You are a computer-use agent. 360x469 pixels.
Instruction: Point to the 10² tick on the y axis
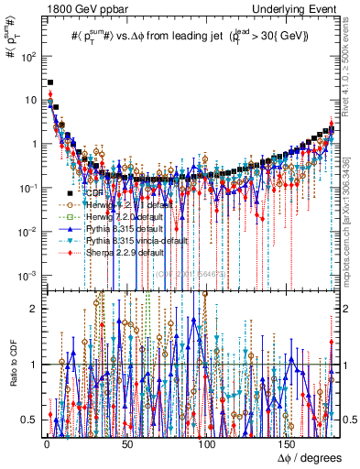pos(27,55)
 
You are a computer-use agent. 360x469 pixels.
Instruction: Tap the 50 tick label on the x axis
pos(126,443)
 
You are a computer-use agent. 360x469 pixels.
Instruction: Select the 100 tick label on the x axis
pos(207,443)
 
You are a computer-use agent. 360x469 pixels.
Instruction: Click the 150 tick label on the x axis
pos(288,443)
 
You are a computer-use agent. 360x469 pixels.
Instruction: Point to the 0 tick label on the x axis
pos(46,443)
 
